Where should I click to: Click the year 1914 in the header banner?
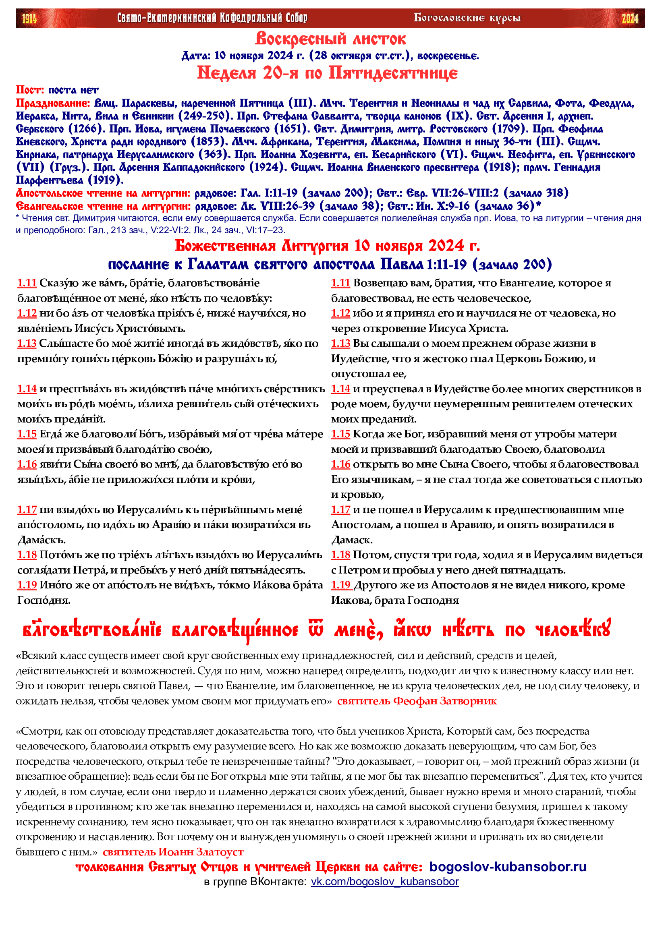[29, 19]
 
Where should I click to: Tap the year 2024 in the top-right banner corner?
[629, 19]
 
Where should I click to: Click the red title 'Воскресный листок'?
[330, 39]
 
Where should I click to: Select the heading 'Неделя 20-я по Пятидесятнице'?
[327, 73]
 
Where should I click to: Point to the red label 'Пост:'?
[30, 90]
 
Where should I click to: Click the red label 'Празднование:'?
[53, 103]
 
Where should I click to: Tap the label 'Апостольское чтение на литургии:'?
[103, 193]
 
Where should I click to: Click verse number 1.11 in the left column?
[27, 283]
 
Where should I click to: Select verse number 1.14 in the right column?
[340, 389]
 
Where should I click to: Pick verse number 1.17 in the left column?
[27, 510]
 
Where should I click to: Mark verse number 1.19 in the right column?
[340, 586]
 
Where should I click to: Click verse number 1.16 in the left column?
[27, 464]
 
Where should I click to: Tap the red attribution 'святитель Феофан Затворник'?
[417, 701]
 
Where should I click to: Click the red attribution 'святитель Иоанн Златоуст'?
[173, 852]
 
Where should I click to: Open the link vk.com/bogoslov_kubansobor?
[384, 882]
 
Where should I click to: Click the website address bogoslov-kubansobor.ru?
[508, 867]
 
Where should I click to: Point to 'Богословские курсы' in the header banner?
[467, 19]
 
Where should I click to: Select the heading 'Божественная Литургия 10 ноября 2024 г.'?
[327, 246]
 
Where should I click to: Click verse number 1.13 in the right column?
[340, 344]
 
